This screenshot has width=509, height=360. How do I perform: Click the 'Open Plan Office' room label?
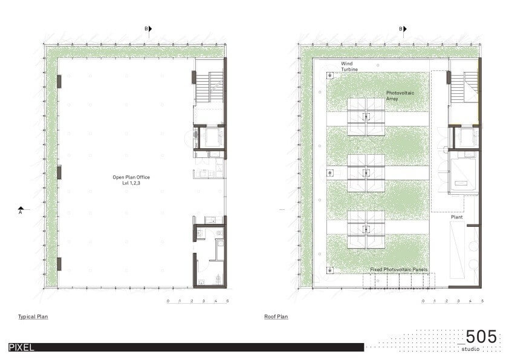click(x=131, y=177)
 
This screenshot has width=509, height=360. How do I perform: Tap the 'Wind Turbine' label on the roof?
click(x=349, y=67)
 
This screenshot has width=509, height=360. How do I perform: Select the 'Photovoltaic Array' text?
click(x=400, y=96)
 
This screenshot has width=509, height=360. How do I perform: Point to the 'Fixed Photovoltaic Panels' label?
click(x=398, y=270)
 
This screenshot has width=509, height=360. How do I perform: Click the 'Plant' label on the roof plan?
click(x=457, y=217)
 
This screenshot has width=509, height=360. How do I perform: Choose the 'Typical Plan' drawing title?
click(x=33, y=317)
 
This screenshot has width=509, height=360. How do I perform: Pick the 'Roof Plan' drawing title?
click(x=276, y=317)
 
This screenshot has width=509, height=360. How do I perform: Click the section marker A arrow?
click(x=21, y=208)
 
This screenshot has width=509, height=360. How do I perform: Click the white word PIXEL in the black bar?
click(x=21, y=347)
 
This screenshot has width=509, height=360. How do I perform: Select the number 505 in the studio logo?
click(x=482, y=336)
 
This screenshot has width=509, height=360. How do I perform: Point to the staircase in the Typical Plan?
click(x=209, y=87)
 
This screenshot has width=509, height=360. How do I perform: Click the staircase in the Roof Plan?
click(x=464, y=87)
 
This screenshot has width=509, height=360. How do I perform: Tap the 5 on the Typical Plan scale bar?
click(x=227, y=301)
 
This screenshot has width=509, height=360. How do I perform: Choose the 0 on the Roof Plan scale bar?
click(x=423, y=301)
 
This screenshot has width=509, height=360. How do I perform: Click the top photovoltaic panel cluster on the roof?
click(x=366, y=117)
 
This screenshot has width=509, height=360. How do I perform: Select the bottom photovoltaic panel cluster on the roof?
click(x=366, y=229)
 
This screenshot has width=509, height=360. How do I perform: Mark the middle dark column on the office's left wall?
click(x=59, y=172)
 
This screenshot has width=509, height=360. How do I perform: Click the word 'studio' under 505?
click(x=470, y=349)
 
